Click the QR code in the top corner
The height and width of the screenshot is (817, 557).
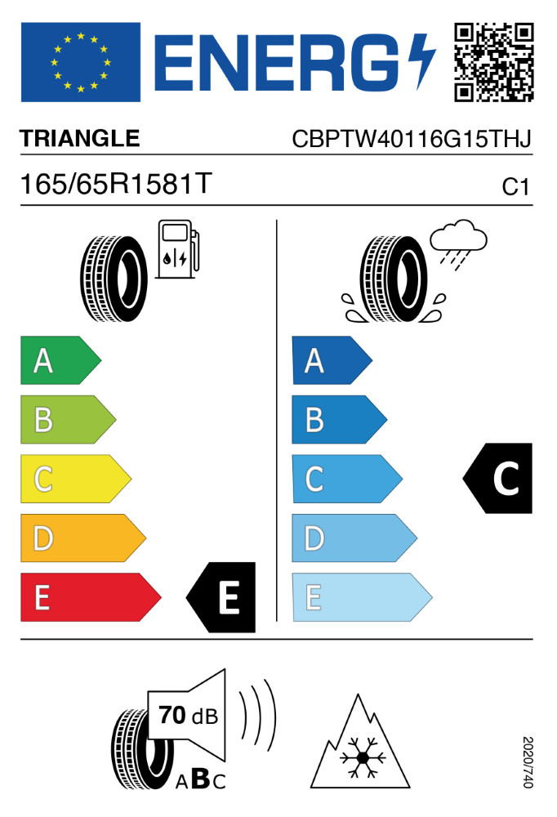(x=493, y=62)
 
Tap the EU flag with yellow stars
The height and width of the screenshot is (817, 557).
(x=81, y=62)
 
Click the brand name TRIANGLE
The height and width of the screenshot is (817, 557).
(x=80, y=139)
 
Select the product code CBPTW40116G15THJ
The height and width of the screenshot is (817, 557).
(x=412, y=139)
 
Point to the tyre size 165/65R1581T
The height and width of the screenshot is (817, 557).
(x=116, y=184)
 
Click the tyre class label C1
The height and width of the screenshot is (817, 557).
(x=515, y=187)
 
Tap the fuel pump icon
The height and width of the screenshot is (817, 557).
(x=178, y=249)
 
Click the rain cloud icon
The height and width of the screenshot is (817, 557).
(x=458, y=243)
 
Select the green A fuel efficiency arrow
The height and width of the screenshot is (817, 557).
(x=60, y=360)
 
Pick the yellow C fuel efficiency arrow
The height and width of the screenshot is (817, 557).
(x=76, y=479)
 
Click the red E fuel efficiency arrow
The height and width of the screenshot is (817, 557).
(x=91, y=597)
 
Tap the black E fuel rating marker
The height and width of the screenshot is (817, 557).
(x=221, y=597)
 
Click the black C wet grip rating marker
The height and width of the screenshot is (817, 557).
(x=497, y=478)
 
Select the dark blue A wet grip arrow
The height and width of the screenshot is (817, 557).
(x=332, y=360)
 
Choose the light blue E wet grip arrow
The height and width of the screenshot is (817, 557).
(x=362, y=597)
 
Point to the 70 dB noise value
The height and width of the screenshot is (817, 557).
(x=188, y=716)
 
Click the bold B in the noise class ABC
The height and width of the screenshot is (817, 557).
(x=201, y=779)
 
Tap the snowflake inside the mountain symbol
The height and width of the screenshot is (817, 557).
(x=359, y=757)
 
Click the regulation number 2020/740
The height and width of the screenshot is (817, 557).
(x=528, y=761)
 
